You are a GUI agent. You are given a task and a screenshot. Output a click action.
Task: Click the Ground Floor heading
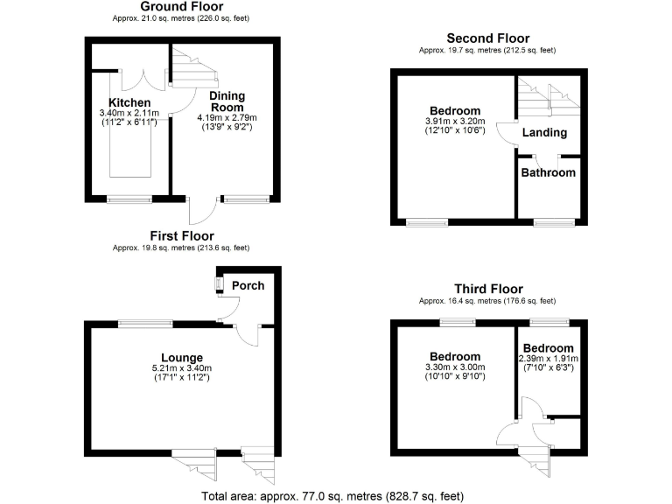click(x=181, y=7)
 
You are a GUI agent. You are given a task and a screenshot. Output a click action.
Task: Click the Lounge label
click(x=182, y=357)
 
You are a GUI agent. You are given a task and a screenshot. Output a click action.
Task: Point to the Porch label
click(x=248, y=285)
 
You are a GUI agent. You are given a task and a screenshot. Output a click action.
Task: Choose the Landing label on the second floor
click(x=543, y=132)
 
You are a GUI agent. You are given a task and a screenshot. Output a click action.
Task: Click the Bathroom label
click(x=549, y=172)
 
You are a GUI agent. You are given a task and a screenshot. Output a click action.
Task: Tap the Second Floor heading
click(x=487, y=38)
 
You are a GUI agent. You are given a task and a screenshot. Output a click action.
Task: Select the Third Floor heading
click(x=488, y=289)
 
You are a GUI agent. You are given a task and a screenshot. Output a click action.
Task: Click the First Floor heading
click(x=181, y=236)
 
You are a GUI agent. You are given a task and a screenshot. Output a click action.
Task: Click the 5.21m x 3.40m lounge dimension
click(x=182, y=369)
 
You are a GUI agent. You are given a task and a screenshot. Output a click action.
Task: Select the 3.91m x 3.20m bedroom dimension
click(x=451, y=122)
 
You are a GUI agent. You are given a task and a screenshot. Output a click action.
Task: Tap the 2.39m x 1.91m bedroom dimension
click(x=549, y=359)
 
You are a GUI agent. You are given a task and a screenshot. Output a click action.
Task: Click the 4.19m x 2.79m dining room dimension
click(x=226, y=117)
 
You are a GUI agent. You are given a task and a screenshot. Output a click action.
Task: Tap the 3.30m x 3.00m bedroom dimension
click(x=454, y=367)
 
